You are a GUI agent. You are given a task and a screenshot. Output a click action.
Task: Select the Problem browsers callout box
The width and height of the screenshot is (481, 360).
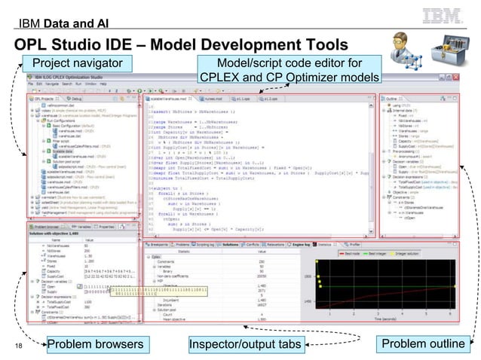[x=94, y=345]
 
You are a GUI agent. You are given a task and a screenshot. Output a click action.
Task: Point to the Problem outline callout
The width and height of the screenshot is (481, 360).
[x=423, y=344]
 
